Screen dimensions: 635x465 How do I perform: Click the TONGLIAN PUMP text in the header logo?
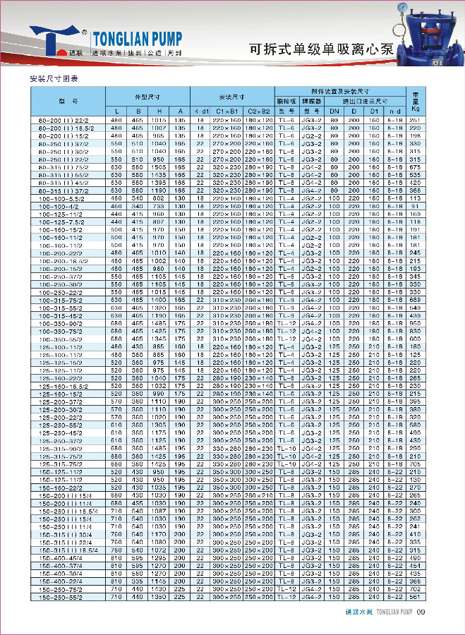coord(138,37)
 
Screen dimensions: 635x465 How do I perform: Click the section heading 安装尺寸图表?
coord(53,78)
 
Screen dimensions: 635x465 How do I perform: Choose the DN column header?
coord(335,111)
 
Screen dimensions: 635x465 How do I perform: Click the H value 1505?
coord(159,167)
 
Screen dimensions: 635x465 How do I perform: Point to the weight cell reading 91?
coord(415,206)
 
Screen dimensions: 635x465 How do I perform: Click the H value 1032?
coord(159,386)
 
